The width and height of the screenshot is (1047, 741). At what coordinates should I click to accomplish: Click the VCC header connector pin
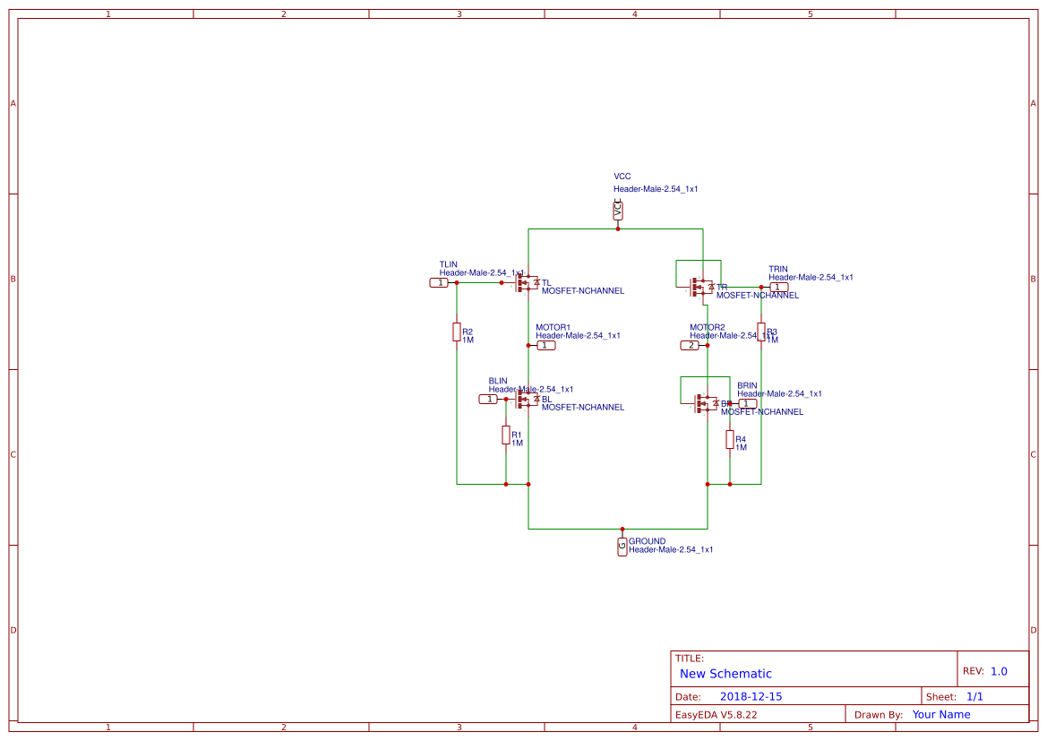(618, 211)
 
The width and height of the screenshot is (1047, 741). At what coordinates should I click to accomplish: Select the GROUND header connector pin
(622, 547)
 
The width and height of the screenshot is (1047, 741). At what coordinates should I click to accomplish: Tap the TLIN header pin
(439, 282)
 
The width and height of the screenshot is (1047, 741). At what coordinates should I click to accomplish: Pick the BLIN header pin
(488, 399)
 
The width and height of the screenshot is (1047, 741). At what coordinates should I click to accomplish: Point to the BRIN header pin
(746, 403)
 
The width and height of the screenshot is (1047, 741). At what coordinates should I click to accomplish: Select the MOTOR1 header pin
(545, 345)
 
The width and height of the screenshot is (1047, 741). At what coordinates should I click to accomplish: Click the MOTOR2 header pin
(690, 345)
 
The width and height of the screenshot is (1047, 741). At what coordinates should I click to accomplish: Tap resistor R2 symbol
(457, 332)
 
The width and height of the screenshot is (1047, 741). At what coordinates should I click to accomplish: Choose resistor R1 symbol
(506, 435)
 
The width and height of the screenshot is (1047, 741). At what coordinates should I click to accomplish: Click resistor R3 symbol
(761, 332)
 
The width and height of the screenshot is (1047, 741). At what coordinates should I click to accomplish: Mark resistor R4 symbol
(730, 440)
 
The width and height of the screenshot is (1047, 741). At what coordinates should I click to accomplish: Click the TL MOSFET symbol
(526, 283)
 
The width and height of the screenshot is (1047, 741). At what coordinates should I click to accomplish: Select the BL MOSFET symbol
(526, 400)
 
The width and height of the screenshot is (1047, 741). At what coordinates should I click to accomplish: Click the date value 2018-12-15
(751, 696)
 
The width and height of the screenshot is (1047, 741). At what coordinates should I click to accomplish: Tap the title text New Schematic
(725, 674)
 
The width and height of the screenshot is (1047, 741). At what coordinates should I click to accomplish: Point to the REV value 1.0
(999, 671)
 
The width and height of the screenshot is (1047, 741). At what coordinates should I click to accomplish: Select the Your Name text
(940, 714)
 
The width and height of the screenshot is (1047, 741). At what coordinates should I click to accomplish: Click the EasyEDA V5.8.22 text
(716, 714)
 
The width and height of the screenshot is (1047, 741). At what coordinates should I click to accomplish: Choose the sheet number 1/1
(974, 696)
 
